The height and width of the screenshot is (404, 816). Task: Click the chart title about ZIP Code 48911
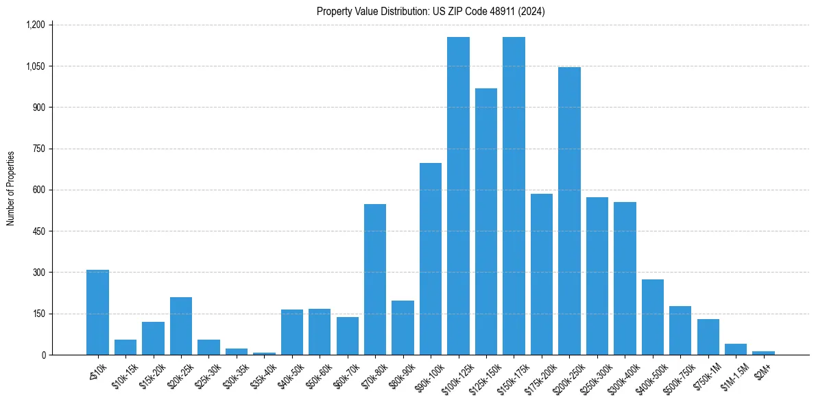[431, 12]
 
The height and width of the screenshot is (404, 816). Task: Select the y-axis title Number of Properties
[11, 188]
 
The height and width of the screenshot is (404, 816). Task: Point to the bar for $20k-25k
[181, 326]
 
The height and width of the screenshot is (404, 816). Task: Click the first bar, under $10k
[97, 312]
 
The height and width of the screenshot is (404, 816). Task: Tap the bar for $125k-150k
[486, 222]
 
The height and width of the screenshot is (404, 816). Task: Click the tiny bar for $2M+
[763, 353]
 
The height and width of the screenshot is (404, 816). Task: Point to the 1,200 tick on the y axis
[35, 25]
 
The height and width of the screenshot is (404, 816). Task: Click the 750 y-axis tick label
[38, 149]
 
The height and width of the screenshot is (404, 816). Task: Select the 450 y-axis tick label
[38, 231]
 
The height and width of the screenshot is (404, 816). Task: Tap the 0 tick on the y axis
[43, 355]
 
